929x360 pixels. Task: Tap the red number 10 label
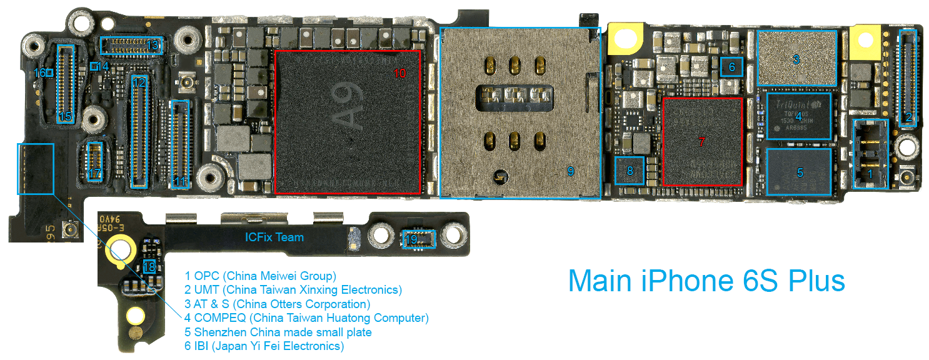tap(400, 73)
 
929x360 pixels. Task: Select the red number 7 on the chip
tap(701, 142)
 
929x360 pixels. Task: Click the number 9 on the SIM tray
tap(570, 171)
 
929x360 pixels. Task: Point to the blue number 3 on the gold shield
tap(796, 60)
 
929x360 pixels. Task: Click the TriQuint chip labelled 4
tap(799, 116)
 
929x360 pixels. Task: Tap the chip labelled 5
tap(799, 171)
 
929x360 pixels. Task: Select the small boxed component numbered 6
tap(731, 66)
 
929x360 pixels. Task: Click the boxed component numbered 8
tap(630, 170)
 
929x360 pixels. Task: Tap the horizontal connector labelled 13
tap(132, 45)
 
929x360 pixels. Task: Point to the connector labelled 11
tap(180, 144)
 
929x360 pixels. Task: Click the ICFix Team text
tap(274, 237)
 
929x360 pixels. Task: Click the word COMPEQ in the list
tap(216, 318)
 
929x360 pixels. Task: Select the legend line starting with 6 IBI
tap(264, 346)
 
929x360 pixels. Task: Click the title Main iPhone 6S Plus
tap(706, 281)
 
